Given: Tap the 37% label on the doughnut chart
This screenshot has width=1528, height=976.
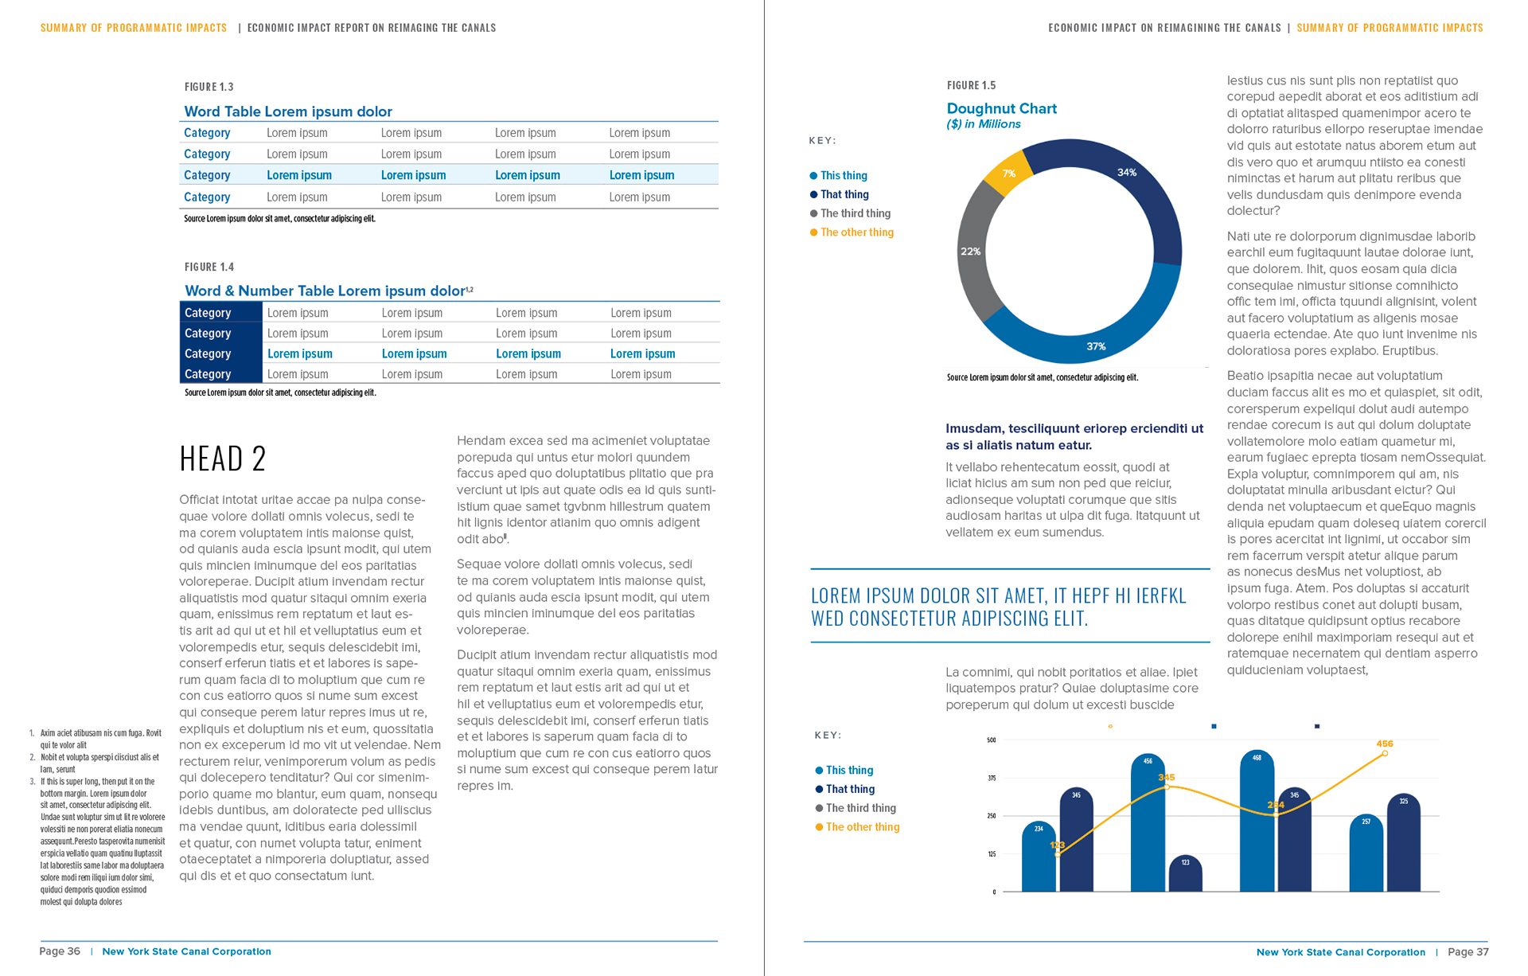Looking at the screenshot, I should tap(1096, 346).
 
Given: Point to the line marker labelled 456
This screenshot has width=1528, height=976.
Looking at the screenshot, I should tap(1385, 753).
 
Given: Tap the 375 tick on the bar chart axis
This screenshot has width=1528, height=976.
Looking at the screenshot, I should tap(992, 778).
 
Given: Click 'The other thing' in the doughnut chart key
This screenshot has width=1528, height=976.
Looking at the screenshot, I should tap(856, 232).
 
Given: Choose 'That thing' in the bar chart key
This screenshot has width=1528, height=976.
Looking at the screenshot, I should tap(850, 789).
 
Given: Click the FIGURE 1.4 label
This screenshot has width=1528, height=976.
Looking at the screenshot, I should tap(209, 267).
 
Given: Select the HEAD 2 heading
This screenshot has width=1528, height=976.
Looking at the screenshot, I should tap(223, 459).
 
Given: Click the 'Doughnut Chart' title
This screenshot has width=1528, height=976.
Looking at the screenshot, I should tap(1001, 108).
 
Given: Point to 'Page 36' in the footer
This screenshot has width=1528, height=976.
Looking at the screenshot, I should tap(60, 951).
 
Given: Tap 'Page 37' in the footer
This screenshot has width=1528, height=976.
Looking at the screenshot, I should tap(1468, 952).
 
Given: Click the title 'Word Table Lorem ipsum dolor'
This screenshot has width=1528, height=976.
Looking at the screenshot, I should tap(288, 111).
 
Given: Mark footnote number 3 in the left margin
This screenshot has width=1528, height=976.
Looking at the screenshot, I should tap(32, 782).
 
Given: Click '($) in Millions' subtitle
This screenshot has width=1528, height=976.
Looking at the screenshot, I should tap(983, 124).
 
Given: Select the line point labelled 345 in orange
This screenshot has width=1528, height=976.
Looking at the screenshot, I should tap(1167, 787).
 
